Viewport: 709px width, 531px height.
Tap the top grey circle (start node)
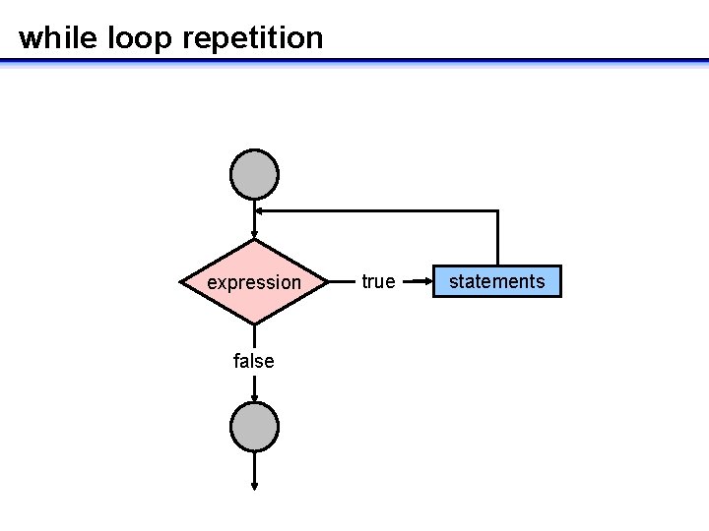tap(254, 174)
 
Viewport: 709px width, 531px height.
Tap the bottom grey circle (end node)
tap(254, 427)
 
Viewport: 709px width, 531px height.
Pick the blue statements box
tap(496, 281)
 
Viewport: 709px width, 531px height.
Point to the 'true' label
tap(378, 281)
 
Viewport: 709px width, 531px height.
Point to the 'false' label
tap(254, 361)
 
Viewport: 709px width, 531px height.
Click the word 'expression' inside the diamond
tap(254, 283)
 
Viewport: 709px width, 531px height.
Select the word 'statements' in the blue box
tap(496, 281)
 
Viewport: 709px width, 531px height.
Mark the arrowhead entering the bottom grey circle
tap(254, 397)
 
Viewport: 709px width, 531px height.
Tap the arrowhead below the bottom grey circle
tap(254, 485)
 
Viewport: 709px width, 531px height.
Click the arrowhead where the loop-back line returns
tap(259, 210)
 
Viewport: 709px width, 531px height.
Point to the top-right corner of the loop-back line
tap(497, 210)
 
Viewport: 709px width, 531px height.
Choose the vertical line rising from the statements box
tap(497, 238)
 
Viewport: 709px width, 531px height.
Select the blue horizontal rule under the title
tap(354, 61)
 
